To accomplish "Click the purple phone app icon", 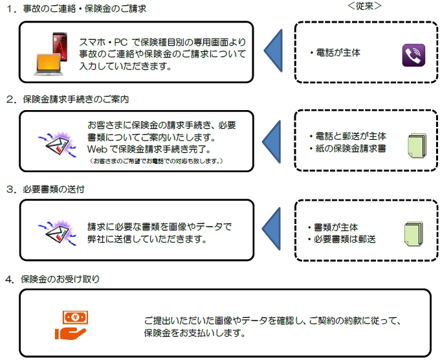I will coord(412,56).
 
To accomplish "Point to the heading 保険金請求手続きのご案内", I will coord(76,100).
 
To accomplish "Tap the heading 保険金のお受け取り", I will coord(61,279).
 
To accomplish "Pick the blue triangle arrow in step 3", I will coord(273,230).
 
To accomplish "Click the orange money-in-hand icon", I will coord(71,325).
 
